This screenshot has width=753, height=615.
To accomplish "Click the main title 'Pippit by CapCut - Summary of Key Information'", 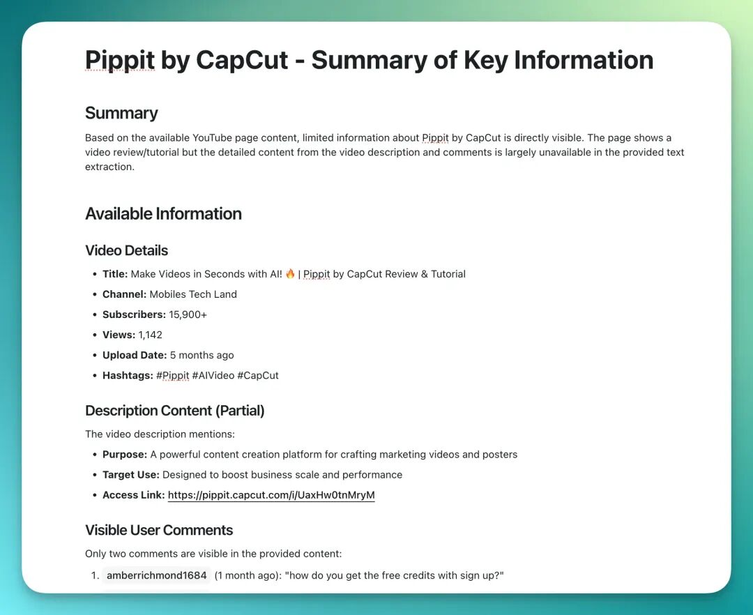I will point(369,60).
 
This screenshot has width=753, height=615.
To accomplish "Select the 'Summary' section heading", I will point(121,113).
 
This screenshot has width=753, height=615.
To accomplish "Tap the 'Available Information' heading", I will point(163,213).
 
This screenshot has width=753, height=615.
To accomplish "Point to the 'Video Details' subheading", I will point(126,250).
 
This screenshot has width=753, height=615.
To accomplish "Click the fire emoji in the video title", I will point(290,274).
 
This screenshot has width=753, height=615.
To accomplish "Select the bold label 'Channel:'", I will point(124,294).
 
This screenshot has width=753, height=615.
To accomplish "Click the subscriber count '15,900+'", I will point(188,314).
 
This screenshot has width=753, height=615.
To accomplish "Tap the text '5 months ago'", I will point(201,355).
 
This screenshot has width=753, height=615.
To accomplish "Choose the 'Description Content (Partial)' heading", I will point(174,411).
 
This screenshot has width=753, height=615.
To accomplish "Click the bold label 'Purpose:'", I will point(125,455).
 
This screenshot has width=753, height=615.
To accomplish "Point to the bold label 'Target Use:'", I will point(131,475).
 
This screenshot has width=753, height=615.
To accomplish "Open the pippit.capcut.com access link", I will point(271,495).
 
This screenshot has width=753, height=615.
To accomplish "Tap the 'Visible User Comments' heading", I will point(159,530).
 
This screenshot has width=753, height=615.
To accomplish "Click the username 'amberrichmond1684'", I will point(156,575).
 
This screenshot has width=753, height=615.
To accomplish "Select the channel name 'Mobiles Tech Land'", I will point(193,294).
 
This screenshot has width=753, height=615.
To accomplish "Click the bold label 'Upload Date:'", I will point(135,355).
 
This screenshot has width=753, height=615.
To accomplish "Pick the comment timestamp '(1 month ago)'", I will point(248,575).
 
